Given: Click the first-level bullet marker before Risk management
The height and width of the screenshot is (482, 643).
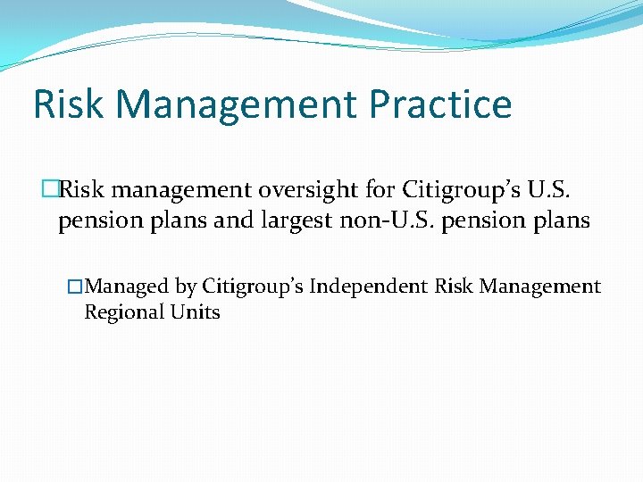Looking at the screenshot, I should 49,190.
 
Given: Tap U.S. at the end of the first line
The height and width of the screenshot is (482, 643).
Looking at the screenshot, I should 565,190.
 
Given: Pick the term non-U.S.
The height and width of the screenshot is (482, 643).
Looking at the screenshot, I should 382,220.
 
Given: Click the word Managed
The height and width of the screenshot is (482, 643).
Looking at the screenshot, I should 126,287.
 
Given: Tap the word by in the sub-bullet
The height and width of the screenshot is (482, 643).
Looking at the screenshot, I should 186,287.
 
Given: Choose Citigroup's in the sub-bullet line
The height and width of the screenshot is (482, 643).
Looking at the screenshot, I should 252,287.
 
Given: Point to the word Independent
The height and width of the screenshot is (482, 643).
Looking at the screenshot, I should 368,287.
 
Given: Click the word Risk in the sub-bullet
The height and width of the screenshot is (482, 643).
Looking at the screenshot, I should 455,287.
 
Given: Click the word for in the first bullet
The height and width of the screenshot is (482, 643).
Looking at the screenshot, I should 382,190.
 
